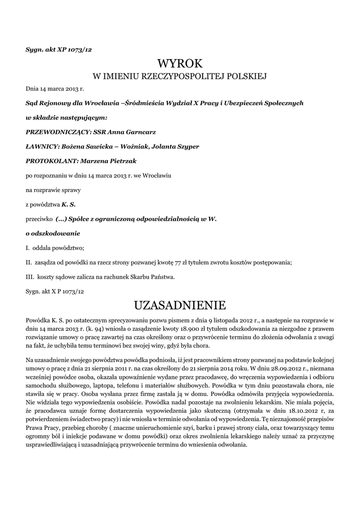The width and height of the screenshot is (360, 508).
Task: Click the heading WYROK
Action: click(180, 63)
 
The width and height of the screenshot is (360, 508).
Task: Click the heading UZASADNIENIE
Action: click(180, 304)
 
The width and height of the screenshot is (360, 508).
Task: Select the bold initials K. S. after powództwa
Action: click(69, 204)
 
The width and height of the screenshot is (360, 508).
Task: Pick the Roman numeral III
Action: click(30, 276)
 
